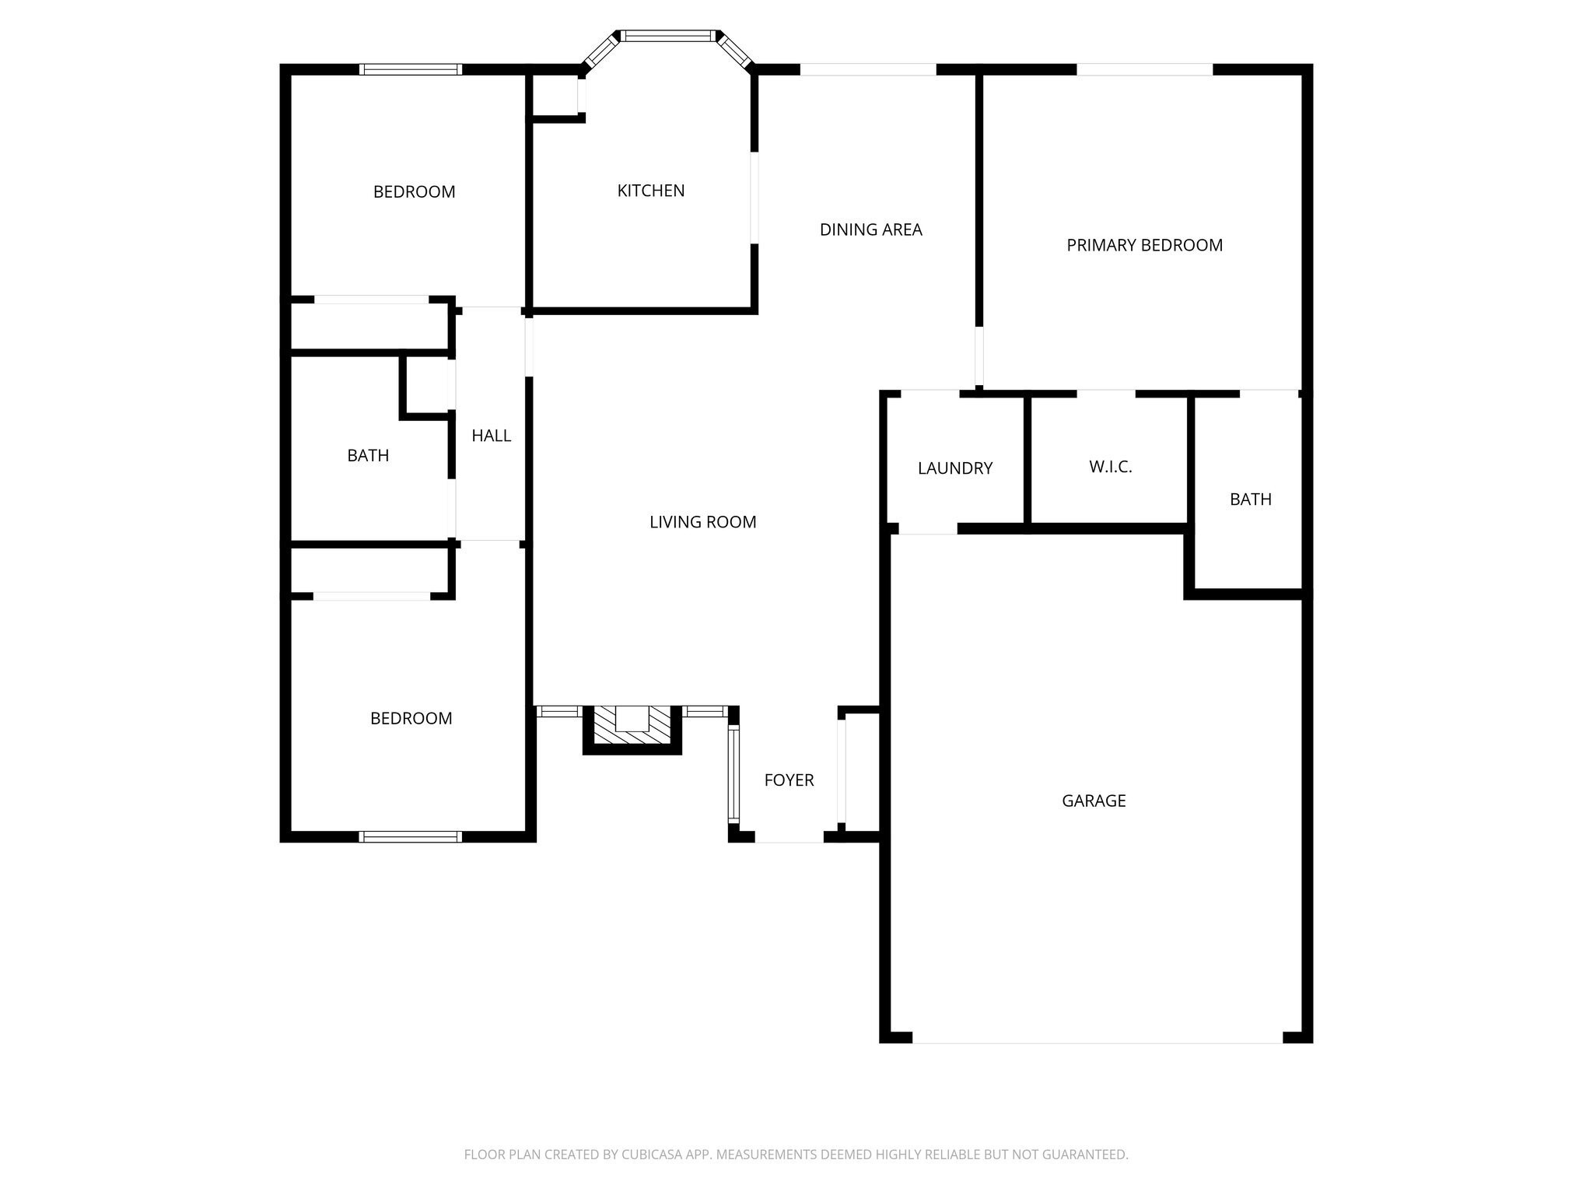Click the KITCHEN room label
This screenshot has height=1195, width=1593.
click(x=650, y=191)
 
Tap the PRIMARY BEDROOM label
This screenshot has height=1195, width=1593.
click(x=1144, y=245)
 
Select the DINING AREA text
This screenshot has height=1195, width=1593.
click(x=870, y=230)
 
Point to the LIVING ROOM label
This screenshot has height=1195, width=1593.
click(x=702, y=522)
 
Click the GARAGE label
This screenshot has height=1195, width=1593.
click(x=1094, y=801)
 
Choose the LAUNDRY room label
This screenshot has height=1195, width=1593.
click(x=954, y=468)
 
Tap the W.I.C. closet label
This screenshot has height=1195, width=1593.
click(x=1110, y=467)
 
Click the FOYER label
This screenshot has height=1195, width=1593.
click(x=789, y=780)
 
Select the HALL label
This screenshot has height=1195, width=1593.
click(x=491, y=436)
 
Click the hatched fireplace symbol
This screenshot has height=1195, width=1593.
click(x=632, y=729)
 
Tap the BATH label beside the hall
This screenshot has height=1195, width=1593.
click(x=368, y=456)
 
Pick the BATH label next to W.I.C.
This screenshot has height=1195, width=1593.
click(x=1250, y=499)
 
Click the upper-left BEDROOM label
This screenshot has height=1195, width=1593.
click(x=414, y=192)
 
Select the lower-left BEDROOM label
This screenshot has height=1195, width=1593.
click(x=411, y=719)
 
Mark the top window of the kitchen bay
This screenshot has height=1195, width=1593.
click(x=667, y=36)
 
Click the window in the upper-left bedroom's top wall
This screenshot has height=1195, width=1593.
click(x=410, y=70)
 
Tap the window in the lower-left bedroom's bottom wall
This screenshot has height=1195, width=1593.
click(x=410, y=837)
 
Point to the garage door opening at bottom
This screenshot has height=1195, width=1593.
click(x=1097, y=1038)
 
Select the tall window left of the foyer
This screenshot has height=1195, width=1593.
click(x=733, y=773)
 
